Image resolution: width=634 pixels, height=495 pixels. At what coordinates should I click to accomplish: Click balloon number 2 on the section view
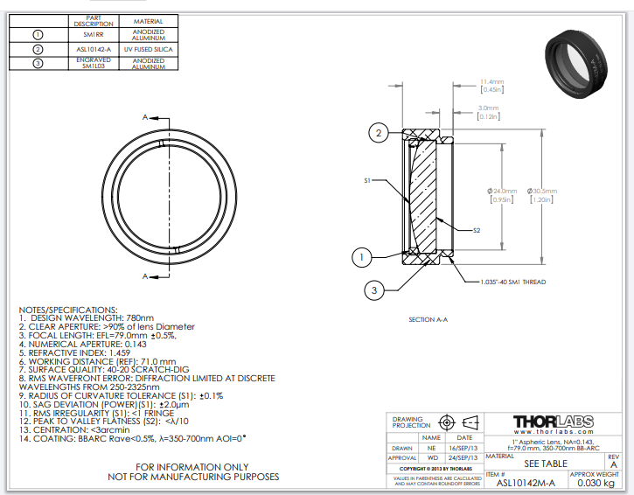tap(378, 133)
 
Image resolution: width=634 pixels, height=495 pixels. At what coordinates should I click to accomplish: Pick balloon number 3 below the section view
tap(373, 289)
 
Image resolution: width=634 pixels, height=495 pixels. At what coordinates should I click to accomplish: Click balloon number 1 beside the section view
tap(363, 256)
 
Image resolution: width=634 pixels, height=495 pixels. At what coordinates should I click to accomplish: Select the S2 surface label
tap(477, 231)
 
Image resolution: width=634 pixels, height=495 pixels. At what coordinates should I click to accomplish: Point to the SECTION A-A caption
tap(428, 319)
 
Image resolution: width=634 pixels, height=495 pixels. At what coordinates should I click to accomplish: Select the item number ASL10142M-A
tap(524, 482)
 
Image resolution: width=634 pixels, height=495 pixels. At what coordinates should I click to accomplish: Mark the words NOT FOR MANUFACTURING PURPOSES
tap(193, 477)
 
